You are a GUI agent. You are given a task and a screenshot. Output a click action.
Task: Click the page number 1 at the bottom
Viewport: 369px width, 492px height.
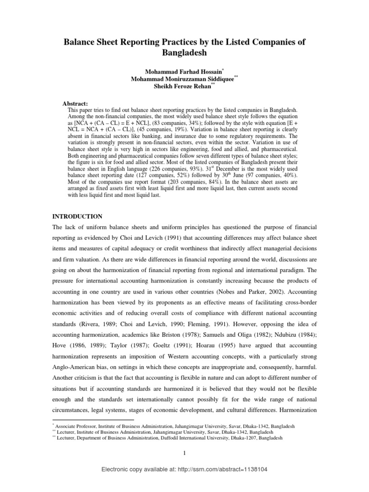[184, 454]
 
